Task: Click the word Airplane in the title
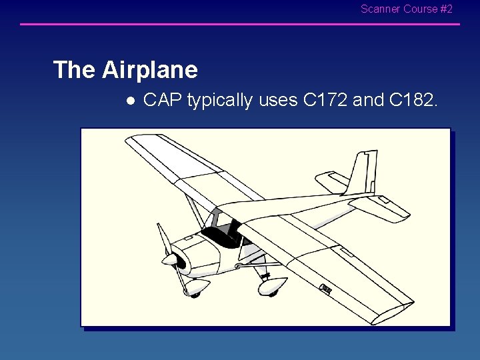[x=150, y=69]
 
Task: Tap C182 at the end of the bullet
[x=413, y=100]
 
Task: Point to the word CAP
[x=163, y=100]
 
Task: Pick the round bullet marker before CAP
[x=131, y=101]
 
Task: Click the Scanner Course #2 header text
[x=406, y=9]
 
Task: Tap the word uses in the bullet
[x=278, y=101]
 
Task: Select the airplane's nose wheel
[x=195, y=294]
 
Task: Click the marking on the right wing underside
[x=325, y=289]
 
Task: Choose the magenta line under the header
[x=240, y=25]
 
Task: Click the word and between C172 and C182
[x=368, y=100]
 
